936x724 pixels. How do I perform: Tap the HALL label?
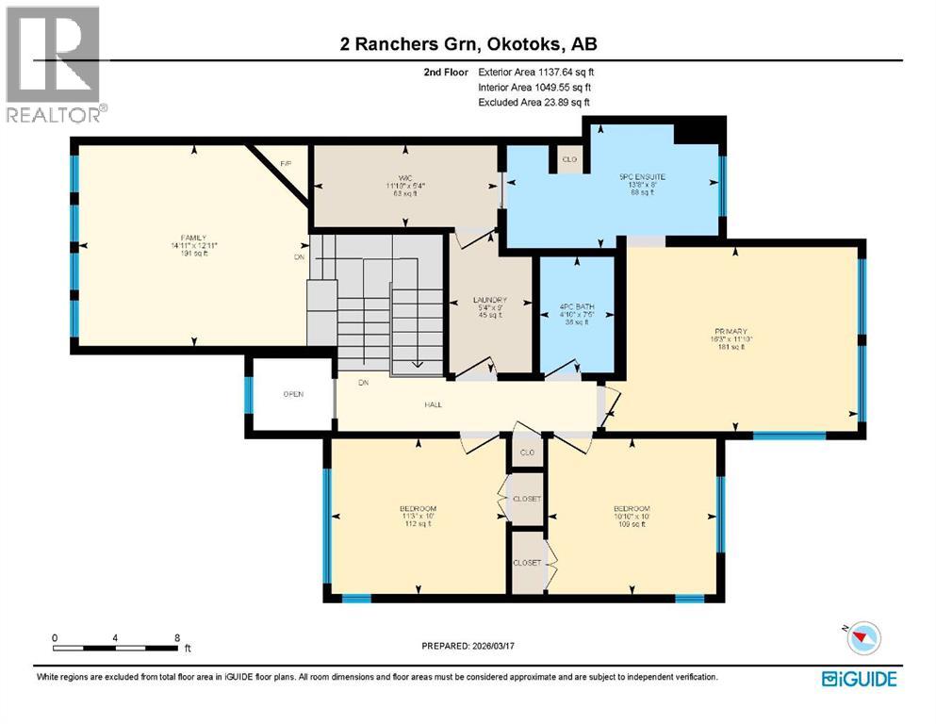pos(433,405)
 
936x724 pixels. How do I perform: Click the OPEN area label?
pos(293,394)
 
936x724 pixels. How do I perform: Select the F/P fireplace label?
pos(286,164)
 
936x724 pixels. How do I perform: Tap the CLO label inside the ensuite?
pos(569,159)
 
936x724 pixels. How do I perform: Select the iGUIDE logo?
pos(859,679)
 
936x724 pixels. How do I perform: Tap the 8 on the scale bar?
pos(177,637)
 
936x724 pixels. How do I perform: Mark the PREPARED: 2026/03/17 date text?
pos(470,646)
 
